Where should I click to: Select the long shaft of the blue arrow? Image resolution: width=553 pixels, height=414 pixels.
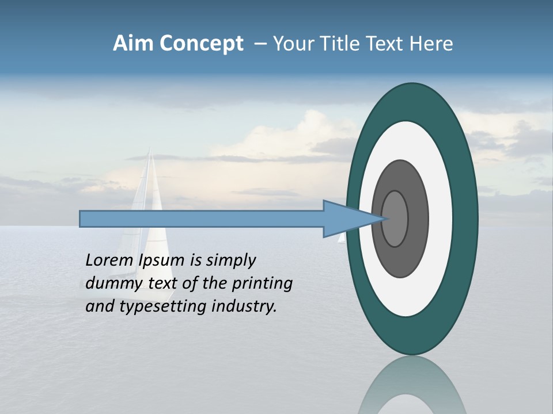[202, 219]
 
